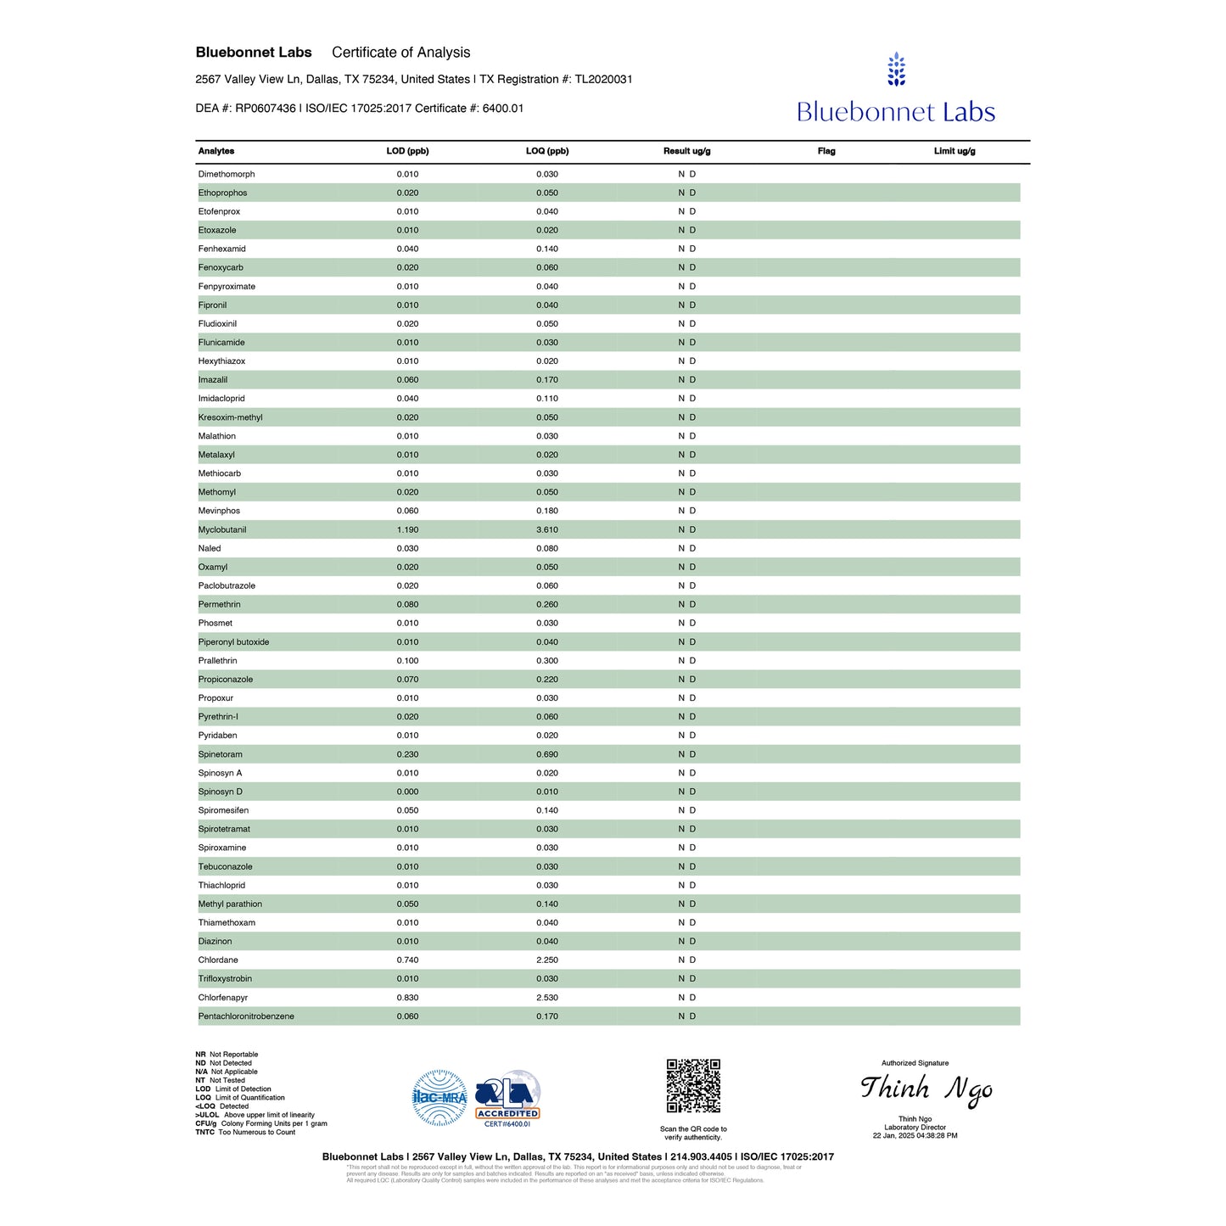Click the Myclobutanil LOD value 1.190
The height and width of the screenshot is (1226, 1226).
407,529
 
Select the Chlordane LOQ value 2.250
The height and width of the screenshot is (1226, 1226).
547,960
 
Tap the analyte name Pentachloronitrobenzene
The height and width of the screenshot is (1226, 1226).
246,1016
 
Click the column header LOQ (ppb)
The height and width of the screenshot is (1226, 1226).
547,151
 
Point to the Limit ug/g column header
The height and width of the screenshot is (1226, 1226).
954,151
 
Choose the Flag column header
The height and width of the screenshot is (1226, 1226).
826,151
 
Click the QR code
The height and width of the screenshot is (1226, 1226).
693,1085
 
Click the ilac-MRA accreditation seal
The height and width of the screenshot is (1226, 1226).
439,1097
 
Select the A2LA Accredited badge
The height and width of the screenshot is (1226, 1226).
507,1097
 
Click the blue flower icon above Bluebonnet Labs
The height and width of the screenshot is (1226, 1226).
896,70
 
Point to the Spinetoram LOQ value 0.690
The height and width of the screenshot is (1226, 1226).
547,754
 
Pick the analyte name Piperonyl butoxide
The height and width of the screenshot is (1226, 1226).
233,642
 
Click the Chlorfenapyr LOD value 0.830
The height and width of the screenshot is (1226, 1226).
407,998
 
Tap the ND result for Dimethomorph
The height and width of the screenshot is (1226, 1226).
686,174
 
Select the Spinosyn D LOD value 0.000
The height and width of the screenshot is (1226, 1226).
407,792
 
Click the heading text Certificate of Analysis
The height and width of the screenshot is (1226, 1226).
400,53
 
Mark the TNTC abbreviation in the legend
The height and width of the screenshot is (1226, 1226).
204,1132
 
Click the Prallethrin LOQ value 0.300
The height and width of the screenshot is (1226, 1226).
547,661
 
